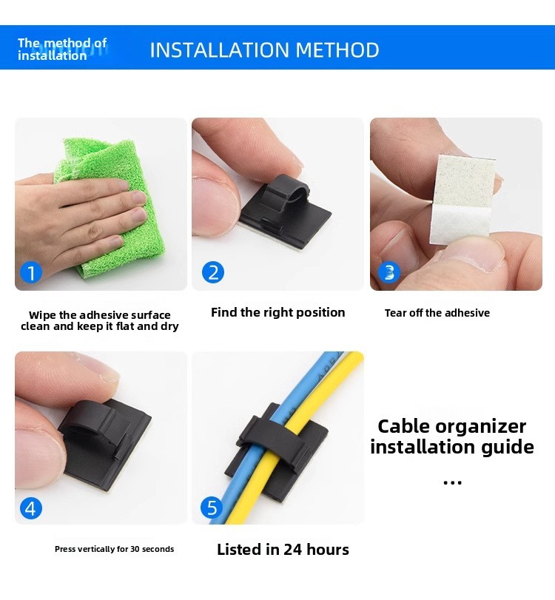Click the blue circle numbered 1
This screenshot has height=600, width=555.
(30, 273)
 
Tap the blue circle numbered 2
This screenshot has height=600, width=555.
(213, 272)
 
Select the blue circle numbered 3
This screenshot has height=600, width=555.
(389, 272)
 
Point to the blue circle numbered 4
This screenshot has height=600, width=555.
(30, 508)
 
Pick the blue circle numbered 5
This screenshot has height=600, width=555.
(212, 508)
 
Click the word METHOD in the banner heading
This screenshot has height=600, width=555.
(337, 50)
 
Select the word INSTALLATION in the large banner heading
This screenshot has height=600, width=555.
(219, 50)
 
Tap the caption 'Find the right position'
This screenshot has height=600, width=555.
(278, 313)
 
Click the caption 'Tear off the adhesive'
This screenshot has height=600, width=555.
(437, 313)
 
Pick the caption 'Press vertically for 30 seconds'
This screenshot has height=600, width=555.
(114, 549)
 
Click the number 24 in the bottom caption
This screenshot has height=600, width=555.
(293, 550)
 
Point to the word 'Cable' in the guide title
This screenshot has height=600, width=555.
(404, 426)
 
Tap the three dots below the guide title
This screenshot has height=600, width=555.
(452, 482)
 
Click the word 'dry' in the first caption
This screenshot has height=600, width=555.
(171, 327)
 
